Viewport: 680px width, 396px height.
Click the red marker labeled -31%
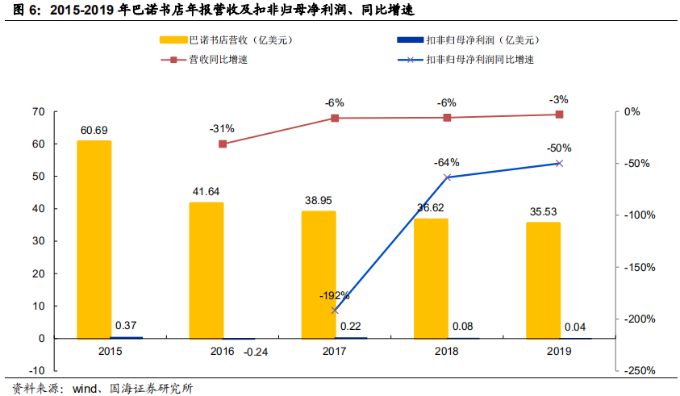point(223,144)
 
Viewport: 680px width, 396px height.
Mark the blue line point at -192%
point(335,310)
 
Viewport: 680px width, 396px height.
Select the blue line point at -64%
point(447,177)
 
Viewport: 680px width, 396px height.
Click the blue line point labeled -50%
point(559,163)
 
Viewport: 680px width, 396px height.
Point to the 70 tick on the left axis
point(38,112)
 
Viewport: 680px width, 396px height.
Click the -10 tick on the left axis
point(36,370)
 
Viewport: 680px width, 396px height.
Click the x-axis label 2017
point(335,351)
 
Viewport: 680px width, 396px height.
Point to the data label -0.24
point(256,351)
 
